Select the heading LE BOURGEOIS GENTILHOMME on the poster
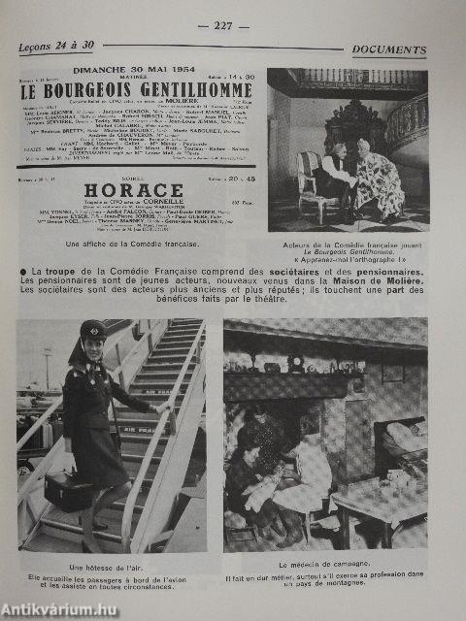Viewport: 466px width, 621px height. [x=137, y=90]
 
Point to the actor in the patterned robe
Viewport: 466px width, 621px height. [x=381, y=179]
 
